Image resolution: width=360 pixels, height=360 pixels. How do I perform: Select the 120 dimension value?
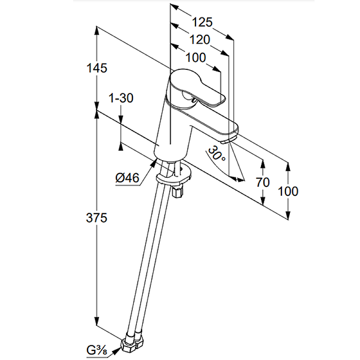[200, 40]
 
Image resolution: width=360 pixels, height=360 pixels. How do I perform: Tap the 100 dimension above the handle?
[195, 58]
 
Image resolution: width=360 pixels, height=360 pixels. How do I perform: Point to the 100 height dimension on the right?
[288, 191]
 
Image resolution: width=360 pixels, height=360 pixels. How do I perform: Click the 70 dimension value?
[262, 182]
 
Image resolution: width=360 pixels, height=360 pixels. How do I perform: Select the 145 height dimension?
[98, 68]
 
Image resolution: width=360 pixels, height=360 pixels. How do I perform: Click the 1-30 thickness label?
[121, 98]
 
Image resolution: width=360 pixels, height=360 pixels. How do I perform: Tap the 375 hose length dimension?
[97, 218]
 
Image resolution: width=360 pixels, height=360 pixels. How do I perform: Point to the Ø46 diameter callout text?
[127, 178]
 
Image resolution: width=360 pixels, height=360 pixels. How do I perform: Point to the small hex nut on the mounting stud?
[177, 193]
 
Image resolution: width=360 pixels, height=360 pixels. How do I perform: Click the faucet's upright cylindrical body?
[171, 130]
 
